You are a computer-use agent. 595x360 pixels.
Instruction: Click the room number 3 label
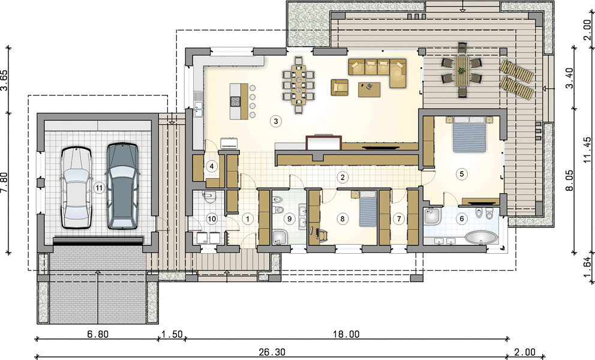276,122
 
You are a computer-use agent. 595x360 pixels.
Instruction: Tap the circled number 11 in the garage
99,188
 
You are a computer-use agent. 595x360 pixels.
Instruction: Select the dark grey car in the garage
122,186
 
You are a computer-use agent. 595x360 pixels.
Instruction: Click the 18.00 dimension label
346,335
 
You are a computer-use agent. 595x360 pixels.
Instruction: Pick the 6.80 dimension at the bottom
98,335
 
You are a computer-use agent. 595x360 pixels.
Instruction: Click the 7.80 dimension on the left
4,183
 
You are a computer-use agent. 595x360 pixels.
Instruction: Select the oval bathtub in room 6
481,238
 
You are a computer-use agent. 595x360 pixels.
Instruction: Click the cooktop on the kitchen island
235,101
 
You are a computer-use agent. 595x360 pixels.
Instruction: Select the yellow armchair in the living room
339,88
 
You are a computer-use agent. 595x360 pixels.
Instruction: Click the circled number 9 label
290,219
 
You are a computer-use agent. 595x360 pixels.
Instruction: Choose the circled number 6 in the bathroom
462,219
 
